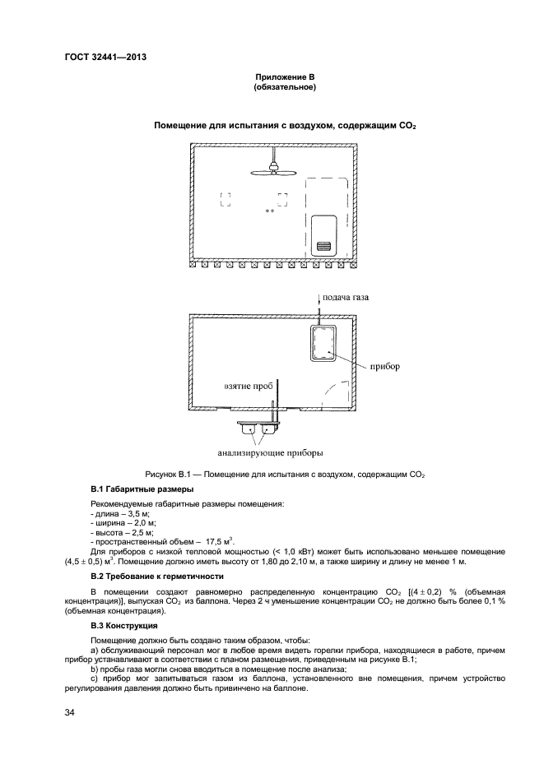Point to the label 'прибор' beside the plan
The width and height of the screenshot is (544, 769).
(x=384, y=366)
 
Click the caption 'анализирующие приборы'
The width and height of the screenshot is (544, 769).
(x=270, y=452)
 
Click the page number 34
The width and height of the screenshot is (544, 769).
(x=70, y=712)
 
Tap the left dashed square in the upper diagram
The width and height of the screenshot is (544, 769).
(x=225, y=198)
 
